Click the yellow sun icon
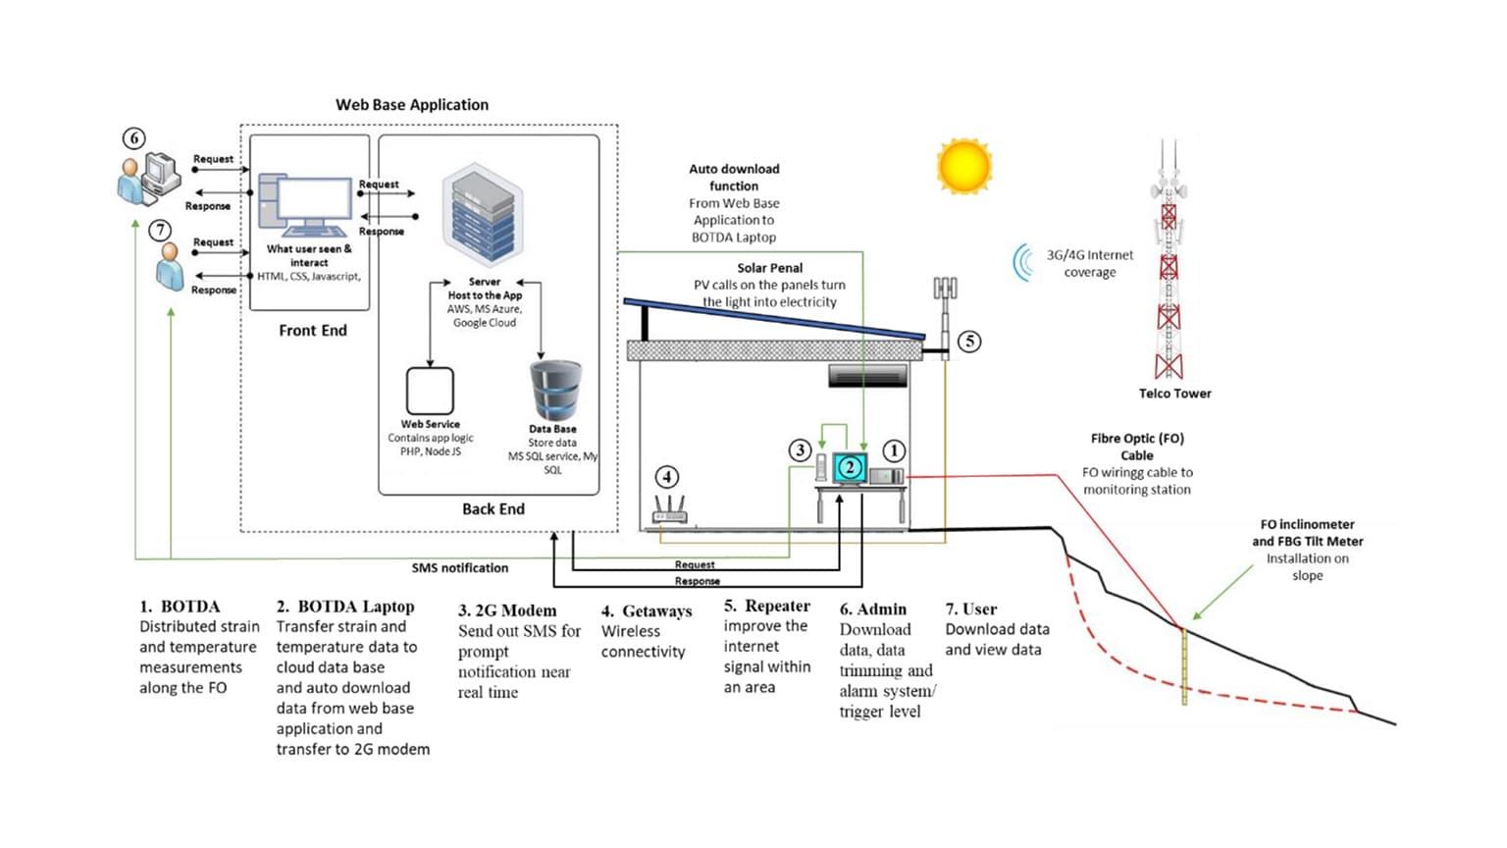[x=964, y=166]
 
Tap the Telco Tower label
[x=1174, y=394]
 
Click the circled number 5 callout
[x=969, y=342]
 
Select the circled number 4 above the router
[x=667, y=477]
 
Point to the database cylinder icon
[x=555, y=391]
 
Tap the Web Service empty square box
[x=430, y=392]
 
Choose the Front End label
[x=313, y=331]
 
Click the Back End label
[x=494, y=509]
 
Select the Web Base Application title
[x=412, y=105]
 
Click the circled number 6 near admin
[x=134, y=138]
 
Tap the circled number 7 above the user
[x=160, y=231]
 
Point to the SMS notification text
[x=460, y=568]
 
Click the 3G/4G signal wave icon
[x=1024, y=262]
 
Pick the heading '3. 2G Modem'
[x=507, y=610]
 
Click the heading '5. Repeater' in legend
[x=767, y=607]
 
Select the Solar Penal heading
[x=770, y=268]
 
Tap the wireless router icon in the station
[x=670, y=510]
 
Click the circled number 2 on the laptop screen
[x=851, y=468]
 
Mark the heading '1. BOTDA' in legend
[x=180, y=607]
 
